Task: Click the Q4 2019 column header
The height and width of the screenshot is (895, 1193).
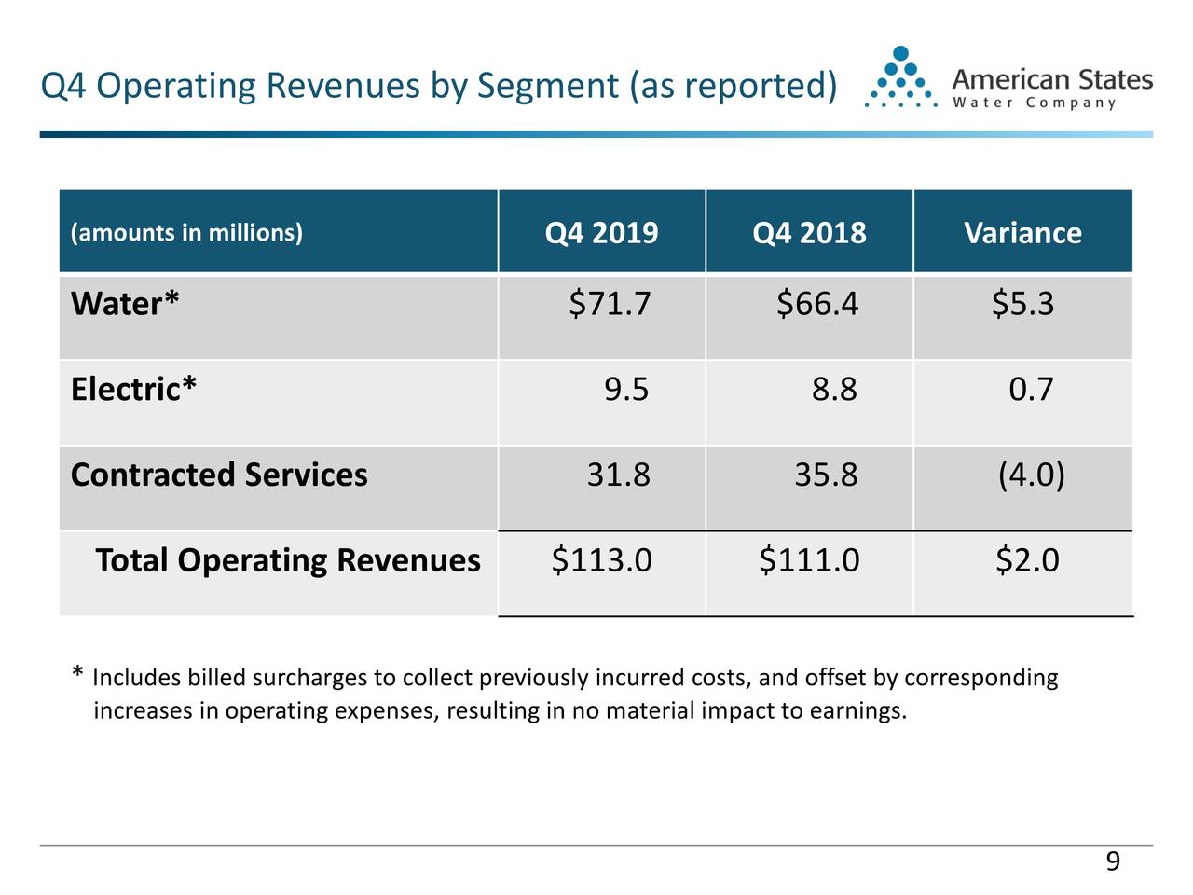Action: coord(601,232)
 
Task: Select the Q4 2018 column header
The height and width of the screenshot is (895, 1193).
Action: coord(809,232)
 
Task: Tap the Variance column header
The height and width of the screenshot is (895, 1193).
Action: coord(1022,232)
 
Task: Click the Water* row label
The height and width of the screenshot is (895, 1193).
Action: coord(125,304)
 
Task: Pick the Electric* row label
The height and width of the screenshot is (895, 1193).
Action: coord(133,389)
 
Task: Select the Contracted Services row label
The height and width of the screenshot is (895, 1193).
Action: coord(219,475)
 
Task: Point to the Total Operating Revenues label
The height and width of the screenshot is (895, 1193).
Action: coord(288,560)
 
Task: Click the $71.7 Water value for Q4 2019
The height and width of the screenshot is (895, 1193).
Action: coord(610,304)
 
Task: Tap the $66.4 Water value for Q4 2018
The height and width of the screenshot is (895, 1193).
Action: coord(817,304)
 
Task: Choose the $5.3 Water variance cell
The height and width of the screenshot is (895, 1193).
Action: coord(1022,304)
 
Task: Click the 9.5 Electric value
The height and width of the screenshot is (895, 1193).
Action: coord(626,389)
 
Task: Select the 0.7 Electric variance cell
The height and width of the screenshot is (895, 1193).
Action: coord(1031,389)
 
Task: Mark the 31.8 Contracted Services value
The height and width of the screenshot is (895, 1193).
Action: coord(618,475)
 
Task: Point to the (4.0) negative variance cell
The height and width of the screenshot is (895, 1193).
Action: coord(1031,475)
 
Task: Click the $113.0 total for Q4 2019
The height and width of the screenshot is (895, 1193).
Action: coord(601,560)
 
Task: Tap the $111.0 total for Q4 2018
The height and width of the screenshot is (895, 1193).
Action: coord(809,560)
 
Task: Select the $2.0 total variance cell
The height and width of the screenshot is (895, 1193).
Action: coord(1027,560)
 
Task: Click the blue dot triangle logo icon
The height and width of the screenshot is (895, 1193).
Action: coord(899,78)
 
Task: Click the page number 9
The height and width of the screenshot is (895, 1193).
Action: coord(1112,862)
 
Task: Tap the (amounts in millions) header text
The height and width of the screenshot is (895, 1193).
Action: coord(186,232)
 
